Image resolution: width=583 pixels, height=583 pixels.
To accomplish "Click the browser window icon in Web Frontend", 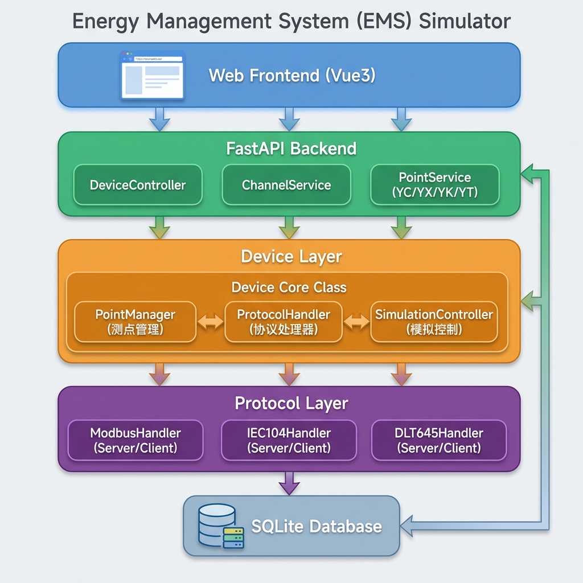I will [x=152, y=75].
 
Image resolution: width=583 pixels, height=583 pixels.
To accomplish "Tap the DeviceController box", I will [x=138, y=185].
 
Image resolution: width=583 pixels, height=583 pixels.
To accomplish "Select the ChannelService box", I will [x=286, y=185].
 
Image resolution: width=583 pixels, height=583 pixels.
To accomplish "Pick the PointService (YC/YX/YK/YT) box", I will [x=434, y=185].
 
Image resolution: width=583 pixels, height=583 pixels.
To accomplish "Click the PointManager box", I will [x=135, y=322].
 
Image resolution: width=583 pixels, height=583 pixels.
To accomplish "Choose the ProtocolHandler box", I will [x=284, y=322].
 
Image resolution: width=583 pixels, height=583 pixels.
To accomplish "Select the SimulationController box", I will [x=434, y=322].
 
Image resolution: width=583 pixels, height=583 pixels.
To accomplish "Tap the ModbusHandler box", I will [x=136, y=440].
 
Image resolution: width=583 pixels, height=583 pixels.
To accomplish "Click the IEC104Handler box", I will [x=289, y=440].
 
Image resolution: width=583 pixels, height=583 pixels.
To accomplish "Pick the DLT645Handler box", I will [x=438, y=440].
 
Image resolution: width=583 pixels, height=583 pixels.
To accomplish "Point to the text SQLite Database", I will [x=317, y=526].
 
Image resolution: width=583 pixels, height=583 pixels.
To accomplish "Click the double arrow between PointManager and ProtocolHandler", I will [x=210, y=322].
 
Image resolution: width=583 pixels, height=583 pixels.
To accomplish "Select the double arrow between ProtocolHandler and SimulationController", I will [x=356, y=322].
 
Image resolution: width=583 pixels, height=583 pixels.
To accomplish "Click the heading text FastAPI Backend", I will [x=291, y=149].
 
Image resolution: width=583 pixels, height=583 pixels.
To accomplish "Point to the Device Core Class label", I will [x=289, y=287].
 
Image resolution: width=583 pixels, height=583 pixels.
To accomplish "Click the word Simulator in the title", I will [x=465, y=21].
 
